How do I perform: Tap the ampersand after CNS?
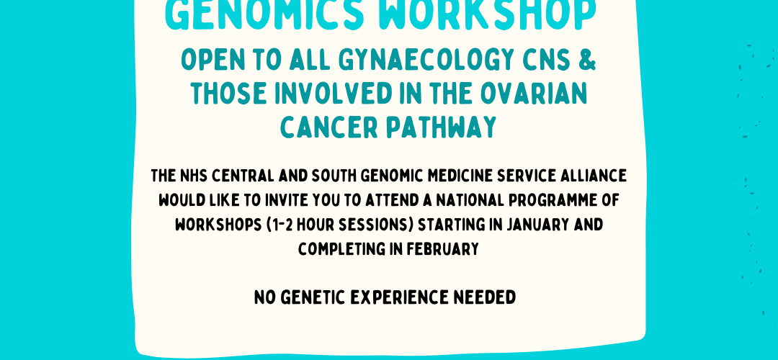pos(586,60)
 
